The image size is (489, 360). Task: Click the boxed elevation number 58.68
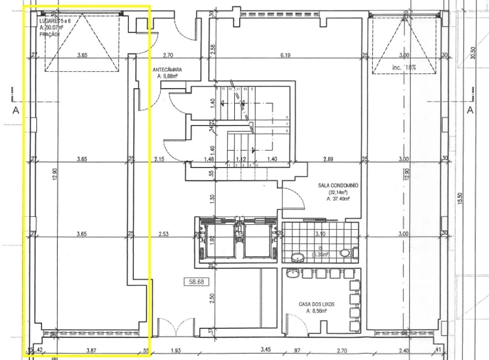coord(195,282)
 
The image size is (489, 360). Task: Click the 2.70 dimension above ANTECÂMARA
coord(169,55)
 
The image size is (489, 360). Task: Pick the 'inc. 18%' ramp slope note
coord(404,68)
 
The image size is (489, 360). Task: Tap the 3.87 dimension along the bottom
coord(90,351)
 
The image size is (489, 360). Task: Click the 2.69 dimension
coord(328,159)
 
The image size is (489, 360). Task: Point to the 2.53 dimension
coord(164,233)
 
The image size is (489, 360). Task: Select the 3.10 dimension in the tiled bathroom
coord(320,233)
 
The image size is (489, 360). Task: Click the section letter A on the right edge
coord(470,110)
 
